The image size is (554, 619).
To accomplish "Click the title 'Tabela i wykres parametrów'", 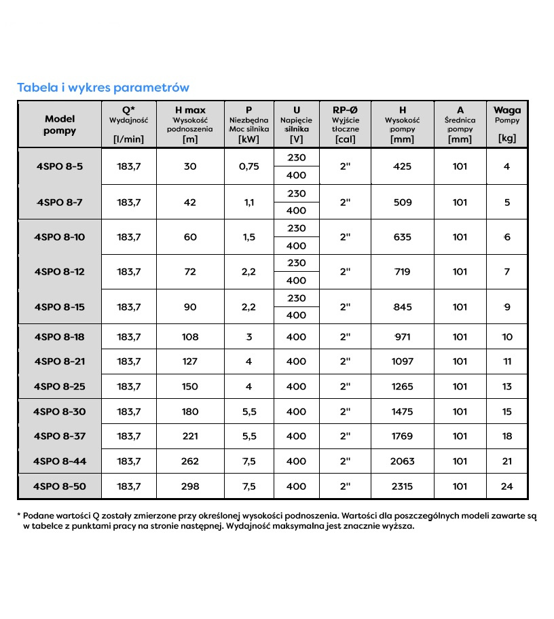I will click(x=103, y=88).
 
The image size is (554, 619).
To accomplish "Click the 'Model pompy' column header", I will click(x=60, y=125).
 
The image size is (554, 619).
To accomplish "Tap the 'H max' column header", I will click(x=190, y=110).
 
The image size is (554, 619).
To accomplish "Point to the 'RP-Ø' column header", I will click(x=345, y=110).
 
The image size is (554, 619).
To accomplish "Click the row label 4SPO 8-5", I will click(x=60, y=166).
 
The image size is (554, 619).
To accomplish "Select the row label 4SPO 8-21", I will click(x=60, y=361).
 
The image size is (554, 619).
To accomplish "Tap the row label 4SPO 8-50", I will click(x=60, y=487).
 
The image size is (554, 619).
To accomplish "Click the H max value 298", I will click(x=190, y=487).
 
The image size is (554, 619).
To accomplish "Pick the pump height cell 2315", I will click(x=403, y=487).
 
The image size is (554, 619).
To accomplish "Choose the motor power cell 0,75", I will click(x=249, y=166).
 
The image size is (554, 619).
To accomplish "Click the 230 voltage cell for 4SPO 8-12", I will click(x=297, y=263).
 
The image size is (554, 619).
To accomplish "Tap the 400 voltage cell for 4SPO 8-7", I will click(x=297, y=211).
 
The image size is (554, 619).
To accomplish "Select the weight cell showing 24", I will click(x=507, y=487).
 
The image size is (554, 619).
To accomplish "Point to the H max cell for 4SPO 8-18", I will click(x=190, y=337).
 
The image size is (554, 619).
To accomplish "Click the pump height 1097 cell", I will click(x=403, y=361).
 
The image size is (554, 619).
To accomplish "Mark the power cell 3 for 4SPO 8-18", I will click(x=249, y=337).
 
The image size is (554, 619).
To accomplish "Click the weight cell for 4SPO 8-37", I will click(x=507, y=436).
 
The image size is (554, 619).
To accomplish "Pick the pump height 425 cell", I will click(x=403, y=166).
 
